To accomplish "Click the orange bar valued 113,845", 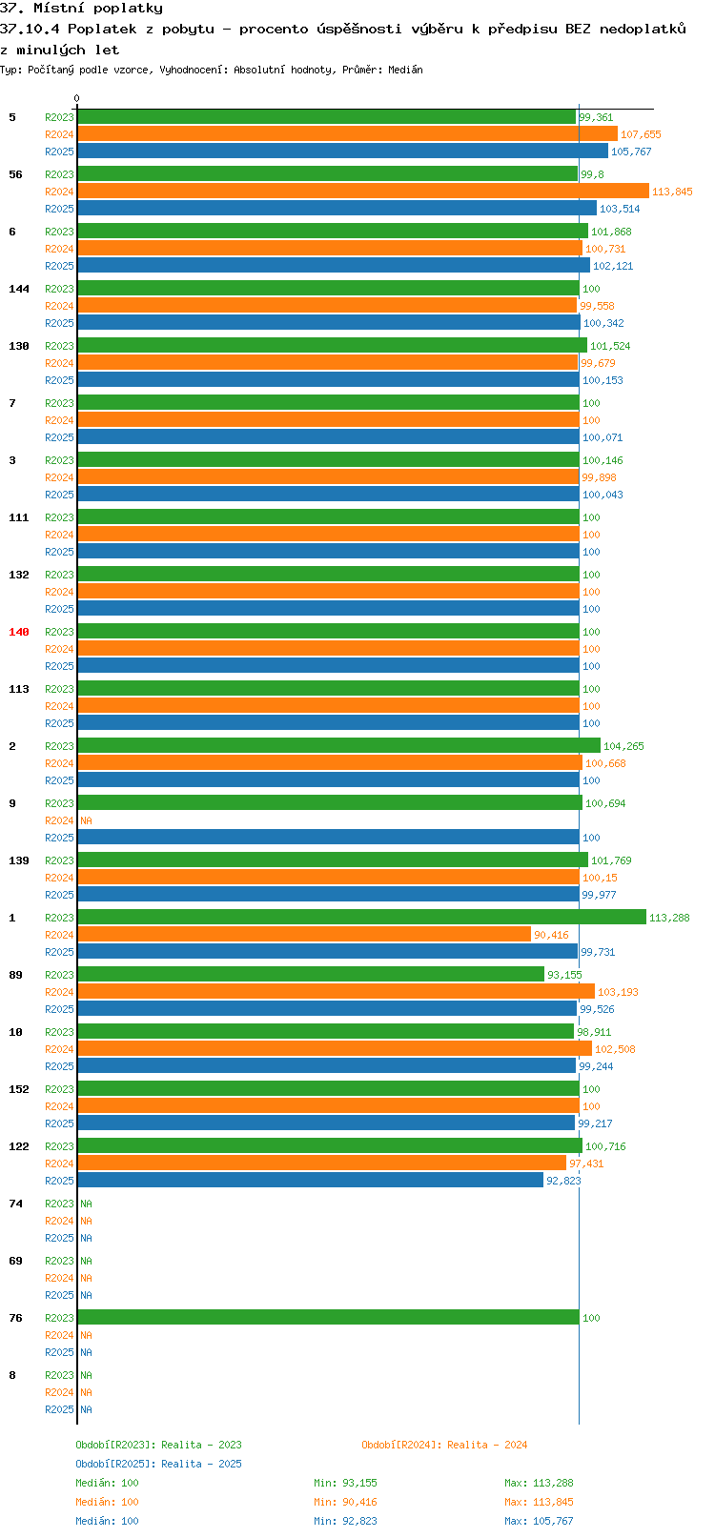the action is click(x=363, y=191).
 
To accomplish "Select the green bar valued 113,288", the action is click(x=362, y=917).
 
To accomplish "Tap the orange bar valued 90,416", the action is click(x=304, y=934).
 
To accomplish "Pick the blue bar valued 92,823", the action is click(x=311, y=1180).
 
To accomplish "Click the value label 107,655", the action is click(x=641, y=134).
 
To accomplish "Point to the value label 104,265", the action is click(x=623, y=746).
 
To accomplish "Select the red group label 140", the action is click(x=18, y=632).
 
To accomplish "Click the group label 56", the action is click(x=15, y=174).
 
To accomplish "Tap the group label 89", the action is click(x=15, y=975).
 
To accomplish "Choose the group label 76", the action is click(x=15, y=1318).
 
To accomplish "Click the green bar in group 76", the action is click(x=328, y=1317).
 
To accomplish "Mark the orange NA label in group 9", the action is click(x=86, y=820).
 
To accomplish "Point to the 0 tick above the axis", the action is click(x=76, y=98).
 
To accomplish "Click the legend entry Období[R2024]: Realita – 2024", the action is click(x=444, y=1445).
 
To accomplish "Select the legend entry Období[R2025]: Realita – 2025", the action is click(x=158, y=1464).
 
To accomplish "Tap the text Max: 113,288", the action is click(x=539, y=1483).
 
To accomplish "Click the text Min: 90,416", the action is click(x=345, y=1503).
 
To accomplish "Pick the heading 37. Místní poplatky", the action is click(x=81, y=9).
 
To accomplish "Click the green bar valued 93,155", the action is click(x=311, y=974).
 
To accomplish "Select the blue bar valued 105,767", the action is click(x=343, y=151).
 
